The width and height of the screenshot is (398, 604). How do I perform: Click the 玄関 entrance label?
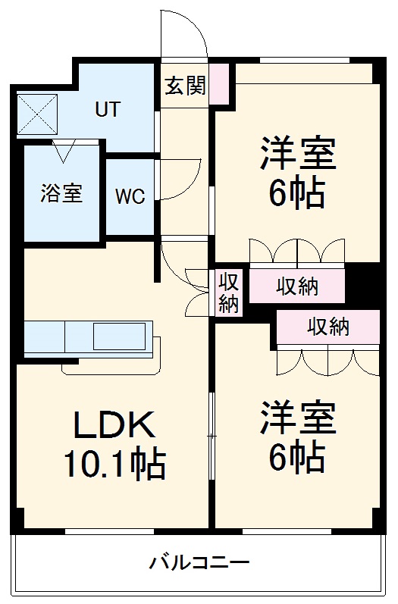(185, 86)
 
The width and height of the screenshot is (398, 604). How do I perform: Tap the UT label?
(107, 109)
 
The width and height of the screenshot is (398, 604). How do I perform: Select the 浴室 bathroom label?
(61, 193)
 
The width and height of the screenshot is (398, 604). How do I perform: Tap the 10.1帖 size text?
(114, 464)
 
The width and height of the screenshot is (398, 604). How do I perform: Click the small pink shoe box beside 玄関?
(218, 84)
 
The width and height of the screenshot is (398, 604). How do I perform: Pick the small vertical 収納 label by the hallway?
(229, 293)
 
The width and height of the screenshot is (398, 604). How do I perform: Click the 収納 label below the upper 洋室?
(297, 286)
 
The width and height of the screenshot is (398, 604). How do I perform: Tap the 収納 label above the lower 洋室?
(328, 327)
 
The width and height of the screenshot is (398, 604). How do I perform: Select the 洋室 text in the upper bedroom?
(297, 155)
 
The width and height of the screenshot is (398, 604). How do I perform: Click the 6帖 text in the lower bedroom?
(297, 457)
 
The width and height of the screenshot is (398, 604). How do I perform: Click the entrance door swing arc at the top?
(184, 34)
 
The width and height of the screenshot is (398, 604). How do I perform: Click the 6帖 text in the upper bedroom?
(297, 194)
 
